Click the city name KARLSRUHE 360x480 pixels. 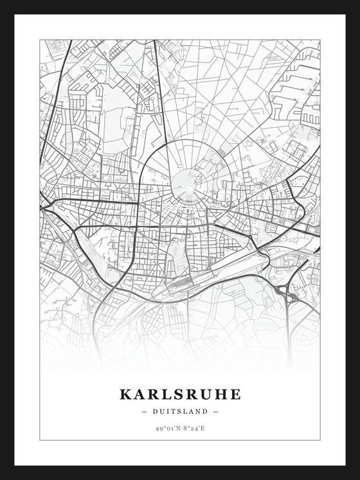[180, 394]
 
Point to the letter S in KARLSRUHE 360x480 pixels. [181, 394]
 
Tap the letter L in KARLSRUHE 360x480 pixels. [167, 394]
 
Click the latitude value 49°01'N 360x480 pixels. [166, 427]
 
